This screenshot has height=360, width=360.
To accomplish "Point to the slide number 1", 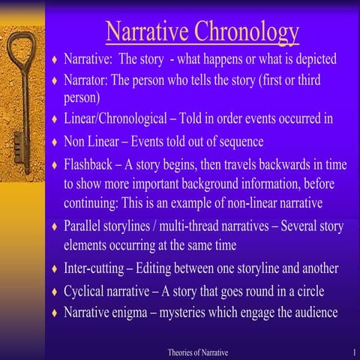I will tap(352, 352).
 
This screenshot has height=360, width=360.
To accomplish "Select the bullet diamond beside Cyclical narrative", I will tap(54, 291).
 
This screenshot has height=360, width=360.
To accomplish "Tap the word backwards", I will tap(300, 163).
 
